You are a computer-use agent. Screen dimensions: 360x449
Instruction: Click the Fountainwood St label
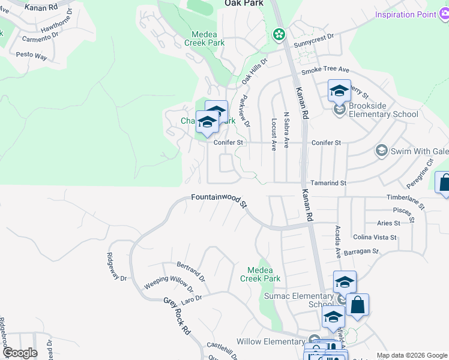tap(219, 200)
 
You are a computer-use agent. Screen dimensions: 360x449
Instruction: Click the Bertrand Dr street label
tap(191, 272)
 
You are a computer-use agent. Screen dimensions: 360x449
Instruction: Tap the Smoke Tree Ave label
tap(325, 70)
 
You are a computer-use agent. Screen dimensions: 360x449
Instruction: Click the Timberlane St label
tap(406, 200)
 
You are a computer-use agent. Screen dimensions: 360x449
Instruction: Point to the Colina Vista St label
tap(375, 237)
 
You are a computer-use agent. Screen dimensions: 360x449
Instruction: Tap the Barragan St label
tap(362, 251)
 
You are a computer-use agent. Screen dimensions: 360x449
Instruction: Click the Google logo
tap(19, 353)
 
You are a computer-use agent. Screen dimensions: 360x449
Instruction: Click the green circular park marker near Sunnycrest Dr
tap(279, 35)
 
